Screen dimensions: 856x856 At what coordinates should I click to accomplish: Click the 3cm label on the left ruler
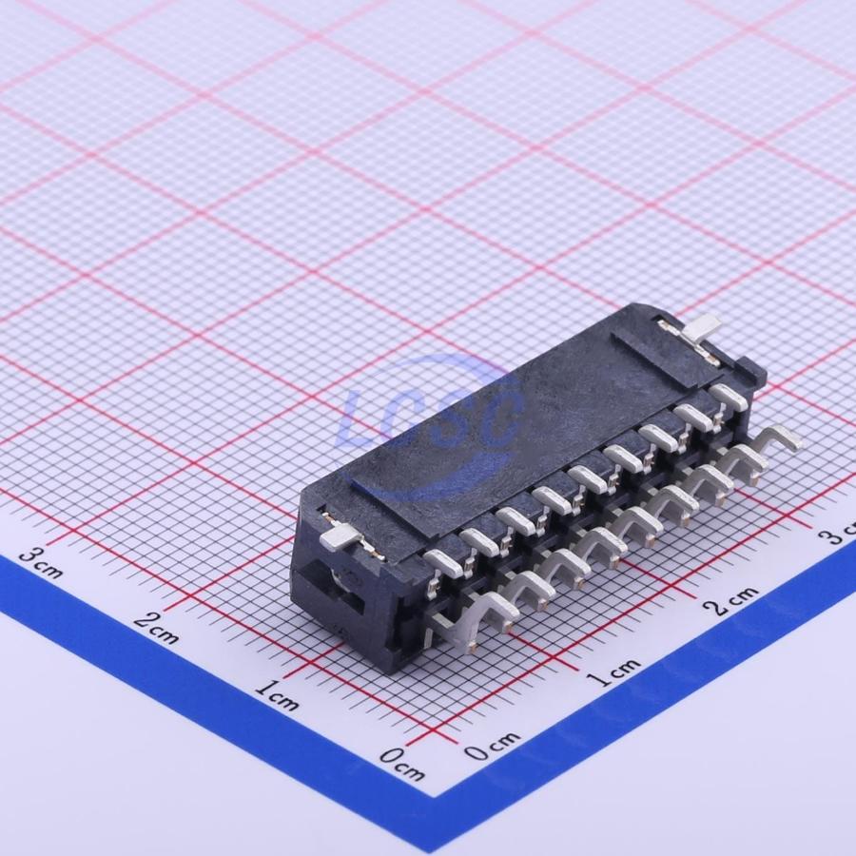pyautogui.click(x=40, y=563)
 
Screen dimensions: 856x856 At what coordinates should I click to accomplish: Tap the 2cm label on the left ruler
pyautogui.click(x=156, y=628)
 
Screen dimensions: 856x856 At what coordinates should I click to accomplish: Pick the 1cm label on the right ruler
pyautogui.click(x=613, y=672)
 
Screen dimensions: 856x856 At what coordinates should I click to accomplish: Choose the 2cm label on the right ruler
pyautogui.click(x=730, y=601)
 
